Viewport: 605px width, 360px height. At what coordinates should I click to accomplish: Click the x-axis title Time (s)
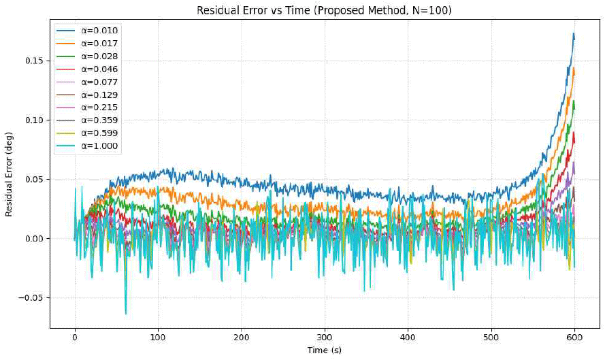point(325,350)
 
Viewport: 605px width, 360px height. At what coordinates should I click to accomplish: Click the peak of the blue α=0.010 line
point(574,33)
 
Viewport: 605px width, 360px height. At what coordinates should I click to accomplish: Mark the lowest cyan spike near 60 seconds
point(125,314)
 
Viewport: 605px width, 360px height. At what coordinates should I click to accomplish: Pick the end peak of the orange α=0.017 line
point(574,68)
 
